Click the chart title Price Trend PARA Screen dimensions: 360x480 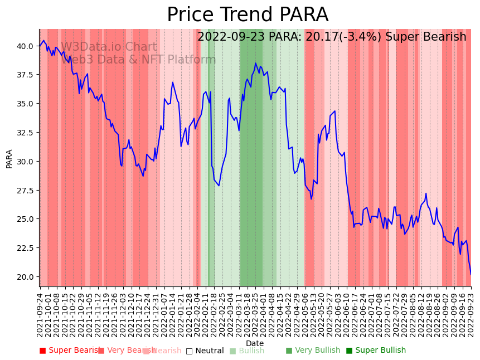pos(248,15)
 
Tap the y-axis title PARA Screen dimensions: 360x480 pos(9,158)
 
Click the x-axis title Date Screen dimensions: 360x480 pos(255,343)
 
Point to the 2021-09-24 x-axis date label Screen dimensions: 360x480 pos(40,315)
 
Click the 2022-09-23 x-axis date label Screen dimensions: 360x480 pos(471,315)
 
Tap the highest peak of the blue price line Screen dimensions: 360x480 pos(255,63)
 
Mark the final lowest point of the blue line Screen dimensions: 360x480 pos(471,274)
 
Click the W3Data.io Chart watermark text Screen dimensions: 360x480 pos(109,47)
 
